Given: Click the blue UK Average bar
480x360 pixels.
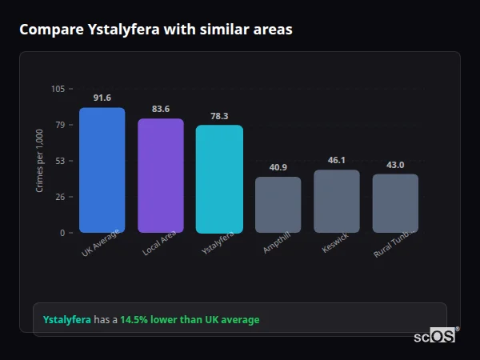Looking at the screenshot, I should [102, 170].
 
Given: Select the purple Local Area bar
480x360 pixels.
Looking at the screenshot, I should [161, 176].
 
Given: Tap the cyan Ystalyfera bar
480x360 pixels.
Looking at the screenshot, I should [219, 179].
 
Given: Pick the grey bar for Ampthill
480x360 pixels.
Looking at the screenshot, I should [278, 205].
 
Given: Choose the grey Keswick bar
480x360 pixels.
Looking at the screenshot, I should [337, 202].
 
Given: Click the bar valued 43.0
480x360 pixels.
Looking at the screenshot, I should [395, 203].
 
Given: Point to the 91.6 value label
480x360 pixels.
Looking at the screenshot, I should [102, 98].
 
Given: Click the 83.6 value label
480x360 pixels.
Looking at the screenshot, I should [161, 110].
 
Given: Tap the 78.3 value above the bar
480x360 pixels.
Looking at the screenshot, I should [219, 116].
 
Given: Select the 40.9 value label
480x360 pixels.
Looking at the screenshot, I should [278, 167].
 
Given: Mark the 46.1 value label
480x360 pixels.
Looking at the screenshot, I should [337, 160].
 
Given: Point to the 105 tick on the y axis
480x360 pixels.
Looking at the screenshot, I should [58, 89].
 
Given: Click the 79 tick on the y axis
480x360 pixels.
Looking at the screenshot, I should [61, 125].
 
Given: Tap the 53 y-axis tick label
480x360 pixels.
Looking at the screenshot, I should [61, 161].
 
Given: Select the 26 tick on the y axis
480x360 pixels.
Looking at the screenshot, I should [61, 197].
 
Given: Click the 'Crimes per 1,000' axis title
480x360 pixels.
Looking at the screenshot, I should [40, 161].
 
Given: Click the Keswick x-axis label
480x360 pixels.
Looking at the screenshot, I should [336, 243].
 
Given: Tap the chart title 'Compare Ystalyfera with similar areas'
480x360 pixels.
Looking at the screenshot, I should [156, 30].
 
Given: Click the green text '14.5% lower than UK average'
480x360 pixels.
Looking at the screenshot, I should [190, 320].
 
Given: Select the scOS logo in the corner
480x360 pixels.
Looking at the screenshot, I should [434, 336].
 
